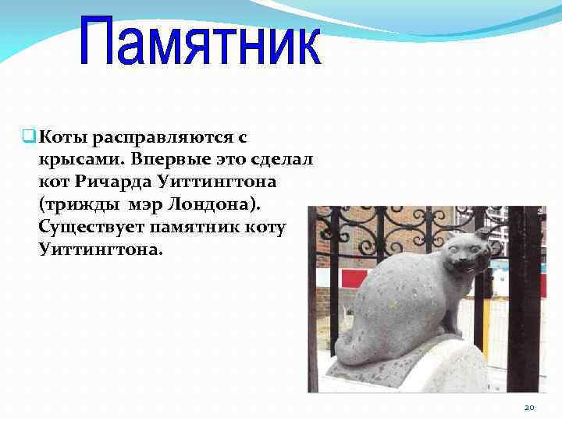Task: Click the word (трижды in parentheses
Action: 75,205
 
